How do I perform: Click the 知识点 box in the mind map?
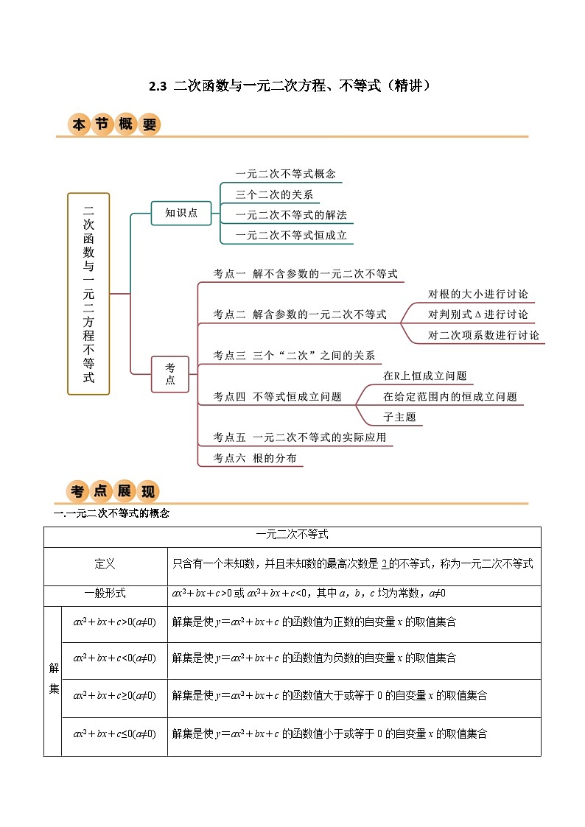click(x=181, y=213)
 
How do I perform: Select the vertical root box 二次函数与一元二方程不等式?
click(x=88, y=293)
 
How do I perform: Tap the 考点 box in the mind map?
click(x=170, y=374)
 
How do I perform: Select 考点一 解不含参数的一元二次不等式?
click(x=305, y=273)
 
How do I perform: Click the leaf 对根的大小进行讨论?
click(x=477, y=294)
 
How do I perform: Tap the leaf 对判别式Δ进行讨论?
click(x=477, y=314)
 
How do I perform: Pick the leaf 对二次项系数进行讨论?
click(x=483, y=335)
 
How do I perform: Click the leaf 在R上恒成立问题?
click(x=424, y=376)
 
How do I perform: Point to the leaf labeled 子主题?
click(x=399, y=417)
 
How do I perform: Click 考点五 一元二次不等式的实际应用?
click(x=299, y=437)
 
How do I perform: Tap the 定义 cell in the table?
click(x=105, y=564)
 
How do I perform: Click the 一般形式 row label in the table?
click(x=105, y=593)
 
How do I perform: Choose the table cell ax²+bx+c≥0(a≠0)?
click(x=114, y=695)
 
